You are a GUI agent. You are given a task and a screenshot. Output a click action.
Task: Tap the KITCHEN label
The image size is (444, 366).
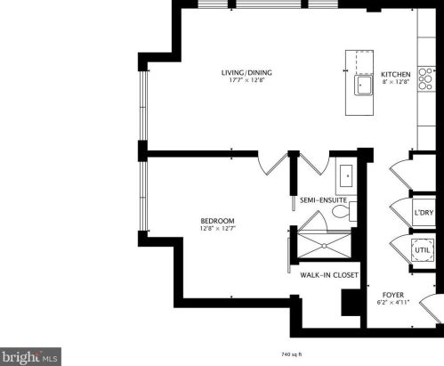coord(395,75)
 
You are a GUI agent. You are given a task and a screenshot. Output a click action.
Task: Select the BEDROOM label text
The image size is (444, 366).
coord(217,221)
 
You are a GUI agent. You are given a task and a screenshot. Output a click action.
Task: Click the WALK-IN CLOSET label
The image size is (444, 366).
coord(328,275)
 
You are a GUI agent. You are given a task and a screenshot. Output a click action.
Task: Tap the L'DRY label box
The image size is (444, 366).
coord(424,212)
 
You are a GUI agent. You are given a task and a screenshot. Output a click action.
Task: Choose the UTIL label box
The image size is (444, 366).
coord(424,252)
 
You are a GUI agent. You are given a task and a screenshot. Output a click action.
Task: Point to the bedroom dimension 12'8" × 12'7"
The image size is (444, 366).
coord(217,229)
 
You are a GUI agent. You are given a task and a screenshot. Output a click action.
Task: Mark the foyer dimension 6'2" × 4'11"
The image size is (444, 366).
coord(394,303)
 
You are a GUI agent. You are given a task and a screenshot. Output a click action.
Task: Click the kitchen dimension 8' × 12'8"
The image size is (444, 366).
coord(395,83)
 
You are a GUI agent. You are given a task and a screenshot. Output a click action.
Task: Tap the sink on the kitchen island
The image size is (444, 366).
coord(364,85)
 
